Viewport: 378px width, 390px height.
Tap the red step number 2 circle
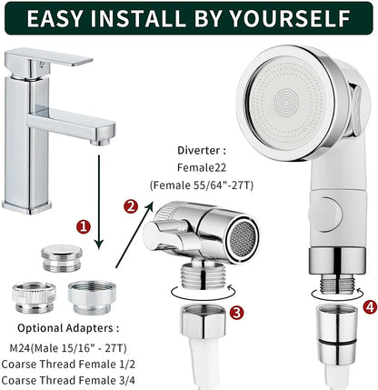pyautogui.click(x=130, y=206)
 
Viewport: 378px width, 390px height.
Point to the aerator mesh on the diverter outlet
pyautogui.click(x=243, y=238)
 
